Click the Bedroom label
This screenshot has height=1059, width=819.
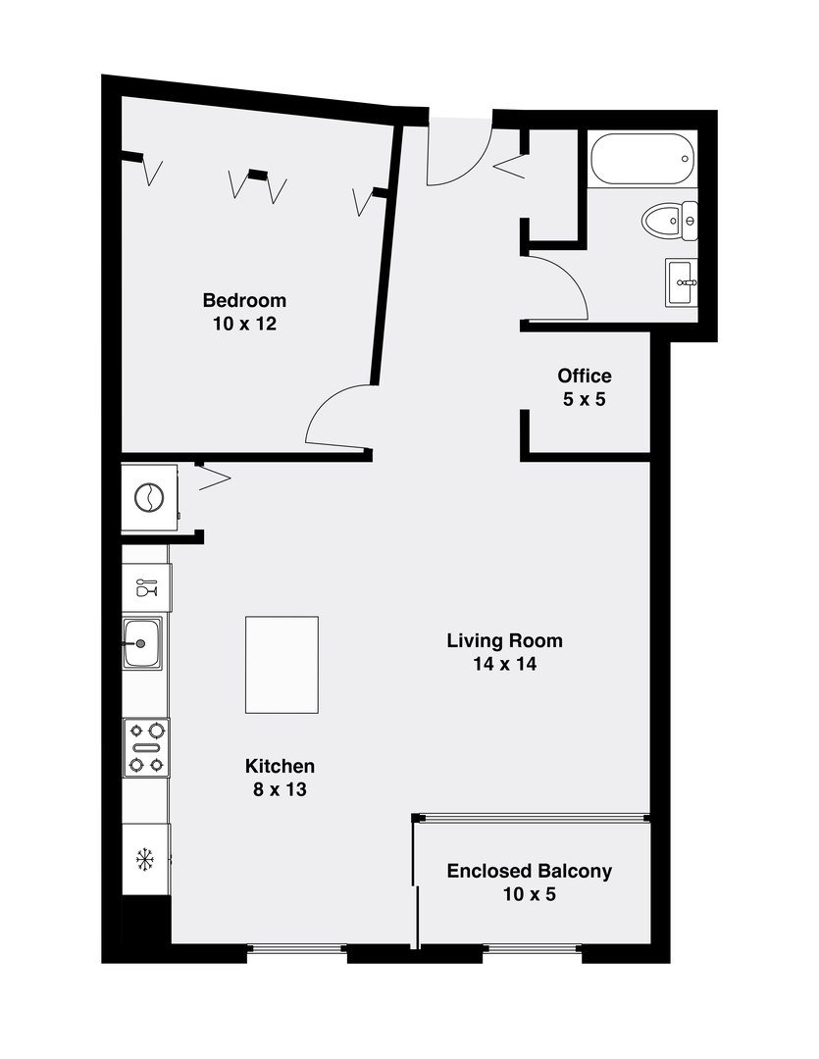tap(244, 300)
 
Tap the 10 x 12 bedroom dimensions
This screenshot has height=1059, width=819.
tap(244, 324)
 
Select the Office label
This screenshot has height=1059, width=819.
tap(585, 376)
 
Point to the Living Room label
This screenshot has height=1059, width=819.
tap(504, 641)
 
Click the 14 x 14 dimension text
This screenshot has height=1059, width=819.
tap(504, 665)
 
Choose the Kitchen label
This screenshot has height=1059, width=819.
tap(280, 766)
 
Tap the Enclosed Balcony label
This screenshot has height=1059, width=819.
tap(530, 871)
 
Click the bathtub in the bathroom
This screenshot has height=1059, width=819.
tap(642, 156)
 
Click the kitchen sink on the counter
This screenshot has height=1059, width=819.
tap(142, 643)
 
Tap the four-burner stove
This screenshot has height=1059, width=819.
tap(146, 747)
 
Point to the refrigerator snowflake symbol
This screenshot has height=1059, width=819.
tap(146, 860)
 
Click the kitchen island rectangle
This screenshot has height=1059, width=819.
tap(282, 665)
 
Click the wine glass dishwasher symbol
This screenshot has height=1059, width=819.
tap(146, 587)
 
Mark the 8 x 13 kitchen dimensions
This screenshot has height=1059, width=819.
tap(280, 789)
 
